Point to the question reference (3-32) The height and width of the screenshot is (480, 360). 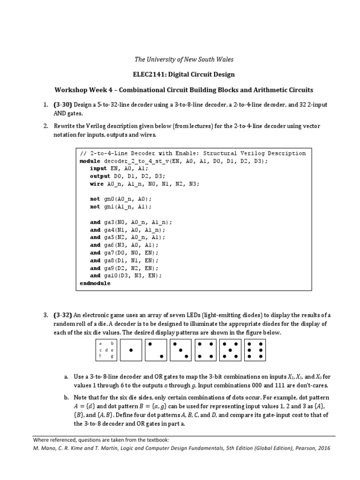pos(63,315)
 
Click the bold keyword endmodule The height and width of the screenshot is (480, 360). pos(95,283)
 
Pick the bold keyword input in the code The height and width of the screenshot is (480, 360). pos(98,168)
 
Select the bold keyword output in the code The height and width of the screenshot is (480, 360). pos(100,176)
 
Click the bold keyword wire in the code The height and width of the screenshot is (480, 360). pos(97,184)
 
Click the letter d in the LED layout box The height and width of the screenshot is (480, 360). pos(106,350)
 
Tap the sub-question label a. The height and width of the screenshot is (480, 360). pos(67,376)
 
